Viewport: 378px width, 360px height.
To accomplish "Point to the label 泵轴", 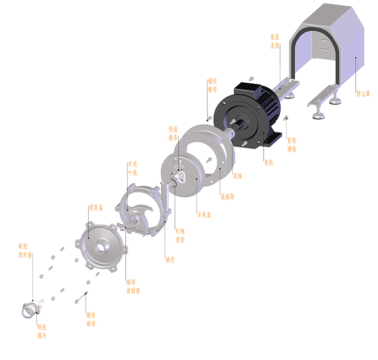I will tap(237, 176).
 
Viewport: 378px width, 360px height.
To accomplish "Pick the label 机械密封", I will tap(180, 235).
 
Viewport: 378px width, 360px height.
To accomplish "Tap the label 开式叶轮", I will tap(133, 169).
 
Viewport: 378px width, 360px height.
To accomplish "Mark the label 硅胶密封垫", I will tap(25, 250).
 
